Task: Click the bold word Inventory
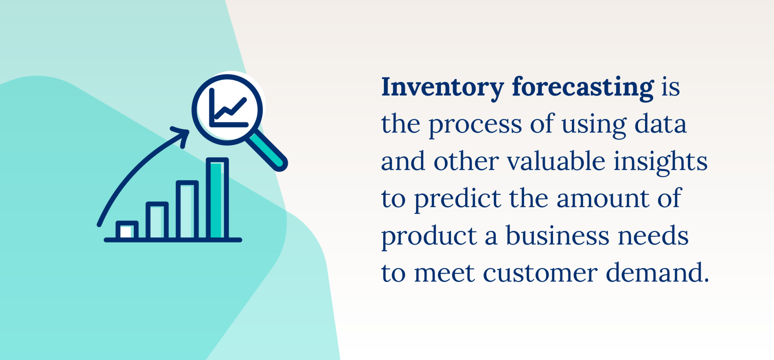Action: coord(442,88)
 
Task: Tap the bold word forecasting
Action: coord(583,88)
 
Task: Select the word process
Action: coord(475,124)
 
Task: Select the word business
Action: coord(557,236)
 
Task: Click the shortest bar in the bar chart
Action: coord(127,230)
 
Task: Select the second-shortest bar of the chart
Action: coord(157,221)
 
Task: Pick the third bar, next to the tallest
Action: coord(187,210)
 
